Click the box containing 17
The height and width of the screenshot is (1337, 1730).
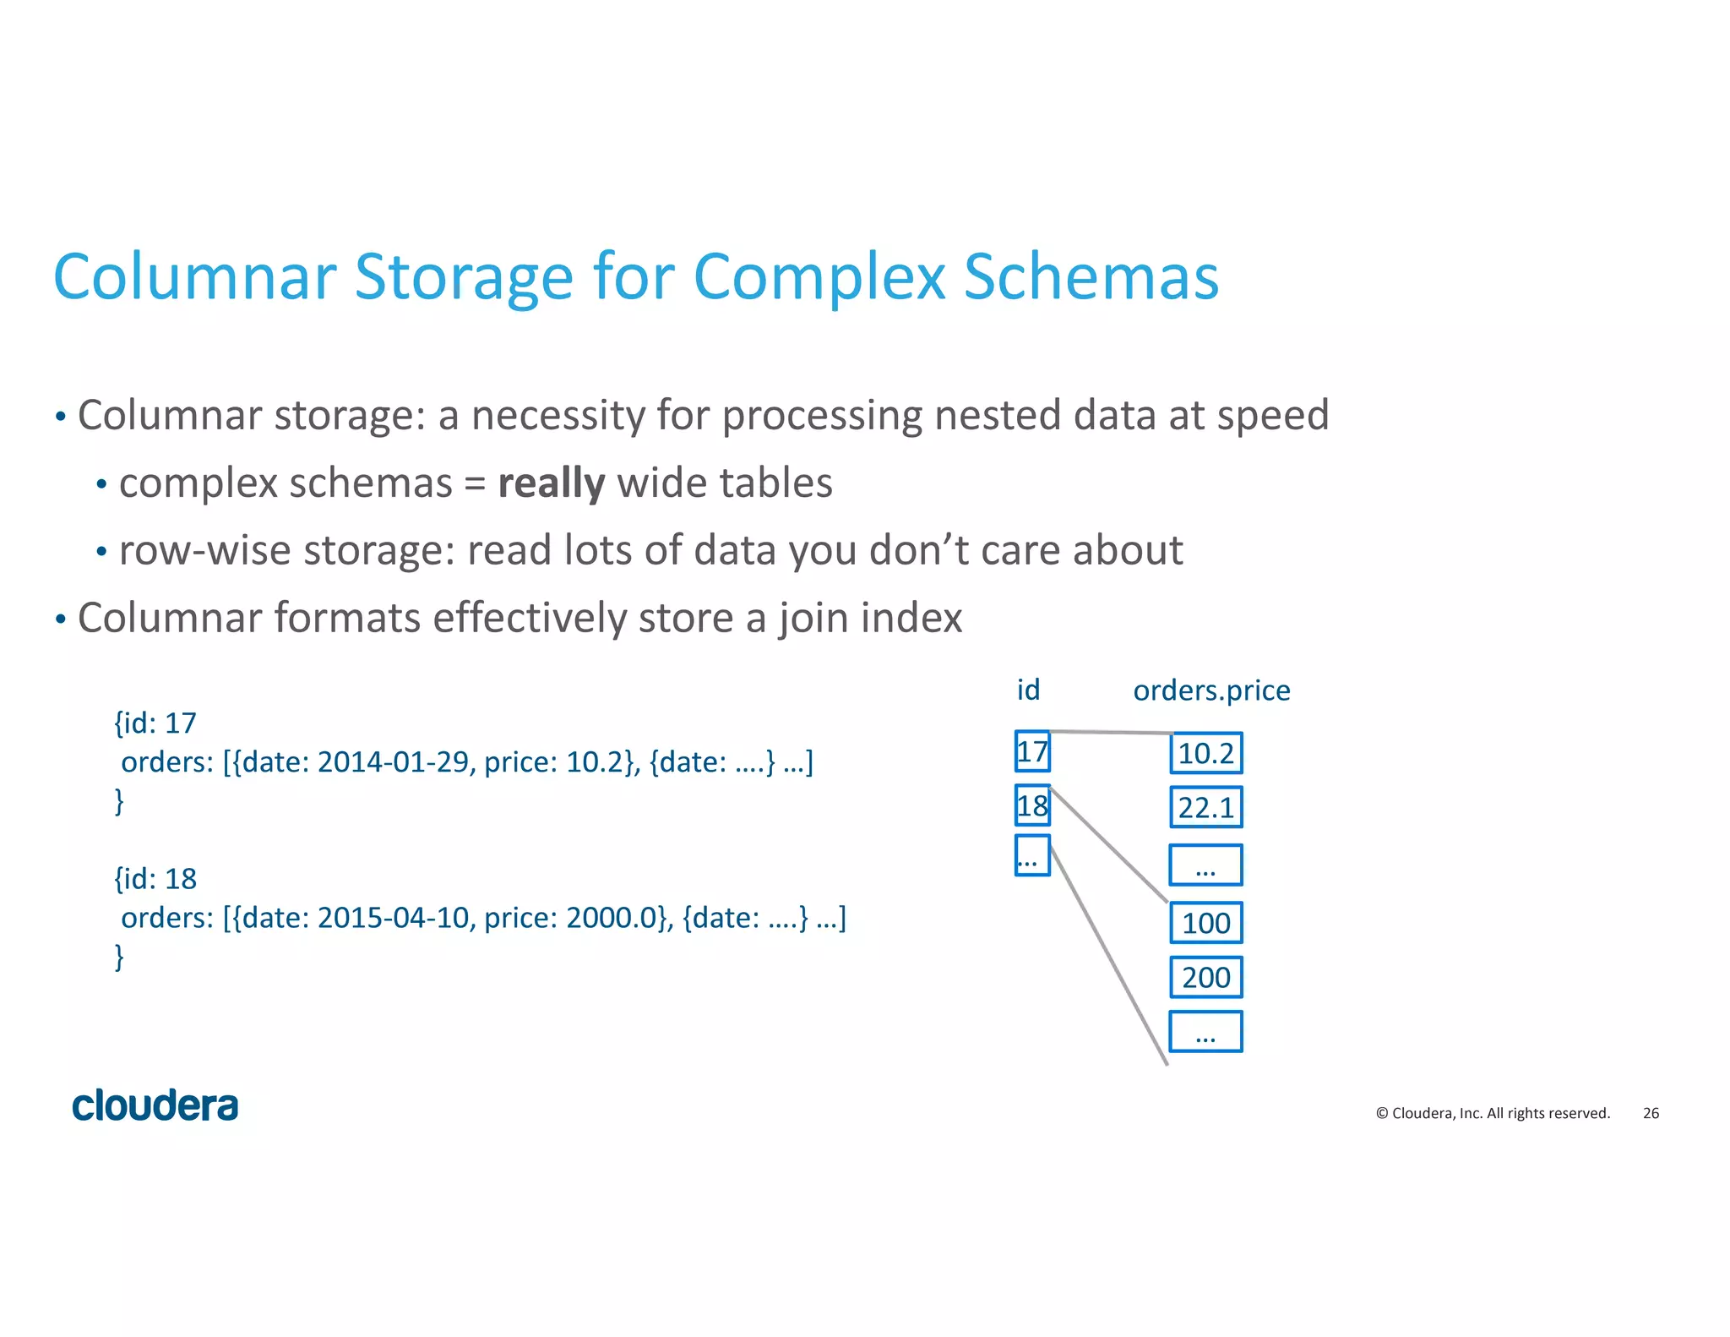(x=1032, y=751)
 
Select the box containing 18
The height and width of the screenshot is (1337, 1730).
(x=1032, y=805)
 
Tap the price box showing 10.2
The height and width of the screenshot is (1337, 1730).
(x=1205, y=753)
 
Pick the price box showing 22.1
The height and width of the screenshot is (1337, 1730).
(x=1205, y=807)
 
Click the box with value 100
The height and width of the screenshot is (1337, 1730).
(x=1205, y=923)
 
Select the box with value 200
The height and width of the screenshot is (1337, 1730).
(x=1205, y=977)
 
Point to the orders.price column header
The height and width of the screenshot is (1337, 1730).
(x=1210, y=690)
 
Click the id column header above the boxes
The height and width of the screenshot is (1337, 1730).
(x=1028, y=690)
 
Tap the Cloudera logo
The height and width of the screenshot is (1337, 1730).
(x=155, y=1105)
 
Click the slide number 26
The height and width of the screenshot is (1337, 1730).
(x=1651, y=1113)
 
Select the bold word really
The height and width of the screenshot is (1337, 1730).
(x=551, y=483)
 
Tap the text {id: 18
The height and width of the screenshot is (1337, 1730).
(x=155, y=879)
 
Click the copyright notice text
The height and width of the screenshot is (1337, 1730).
(x=1493, y=1113)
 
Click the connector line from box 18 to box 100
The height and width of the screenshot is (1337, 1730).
(x=1108, y=845)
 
